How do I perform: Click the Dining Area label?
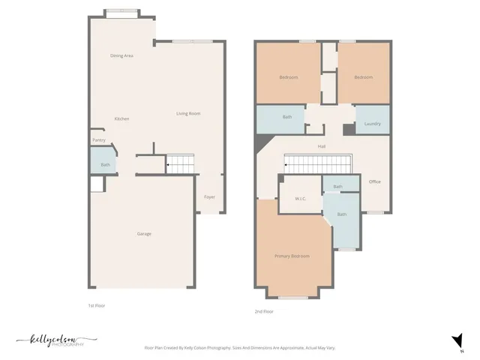121,55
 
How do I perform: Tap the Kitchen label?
121,119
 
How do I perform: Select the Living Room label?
188,113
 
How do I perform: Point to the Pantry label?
98,139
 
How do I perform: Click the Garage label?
144,234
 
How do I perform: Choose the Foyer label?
210,196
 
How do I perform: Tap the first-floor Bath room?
105,164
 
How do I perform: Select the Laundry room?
372,123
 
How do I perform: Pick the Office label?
375,181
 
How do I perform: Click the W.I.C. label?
301,199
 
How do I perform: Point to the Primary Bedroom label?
292,256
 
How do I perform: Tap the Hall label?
322,146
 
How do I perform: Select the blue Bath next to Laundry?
287,117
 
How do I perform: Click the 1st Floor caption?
97,306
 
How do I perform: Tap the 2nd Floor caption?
264,311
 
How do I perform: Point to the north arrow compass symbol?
454,341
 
